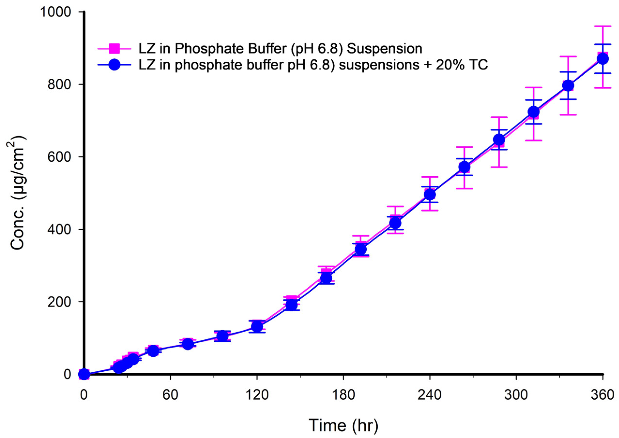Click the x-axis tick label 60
pos(170,395)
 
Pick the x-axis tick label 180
pos(343,395)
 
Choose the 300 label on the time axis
pos(516,395)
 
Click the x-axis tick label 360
pos(602,395)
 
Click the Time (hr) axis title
pos(343,425)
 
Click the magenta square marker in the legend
pos(114,49)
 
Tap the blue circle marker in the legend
pos(114,65)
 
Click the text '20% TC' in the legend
pos(463,65)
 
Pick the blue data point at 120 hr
pos(257,327)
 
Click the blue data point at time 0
pos(84,374)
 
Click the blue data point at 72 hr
pos(188,344)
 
